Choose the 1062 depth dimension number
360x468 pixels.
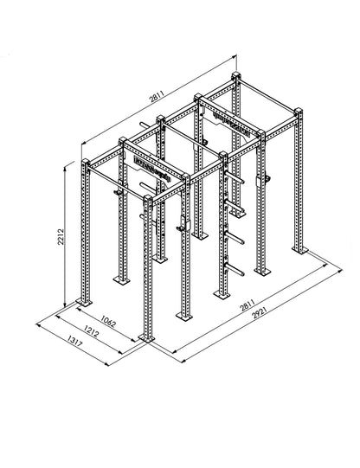pyautogui.click(x=108, y=321)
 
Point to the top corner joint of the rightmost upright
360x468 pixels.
pyautogui.click(x=296, y=112)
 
